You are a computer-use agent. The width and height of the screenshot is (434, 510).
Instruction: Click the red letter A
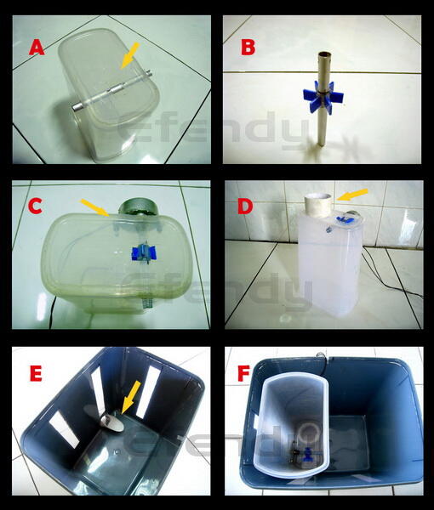(x=36, y=47)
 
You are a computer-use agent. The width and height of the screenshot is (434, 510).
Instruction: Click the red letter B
(x=248, y=47)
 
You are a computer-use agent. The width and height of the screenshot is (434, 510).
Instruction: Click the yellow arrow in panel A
(x=127, y=58)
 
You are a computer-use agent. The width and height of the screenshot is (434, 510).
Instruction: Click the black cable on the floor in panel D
(x=400, y=285)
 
